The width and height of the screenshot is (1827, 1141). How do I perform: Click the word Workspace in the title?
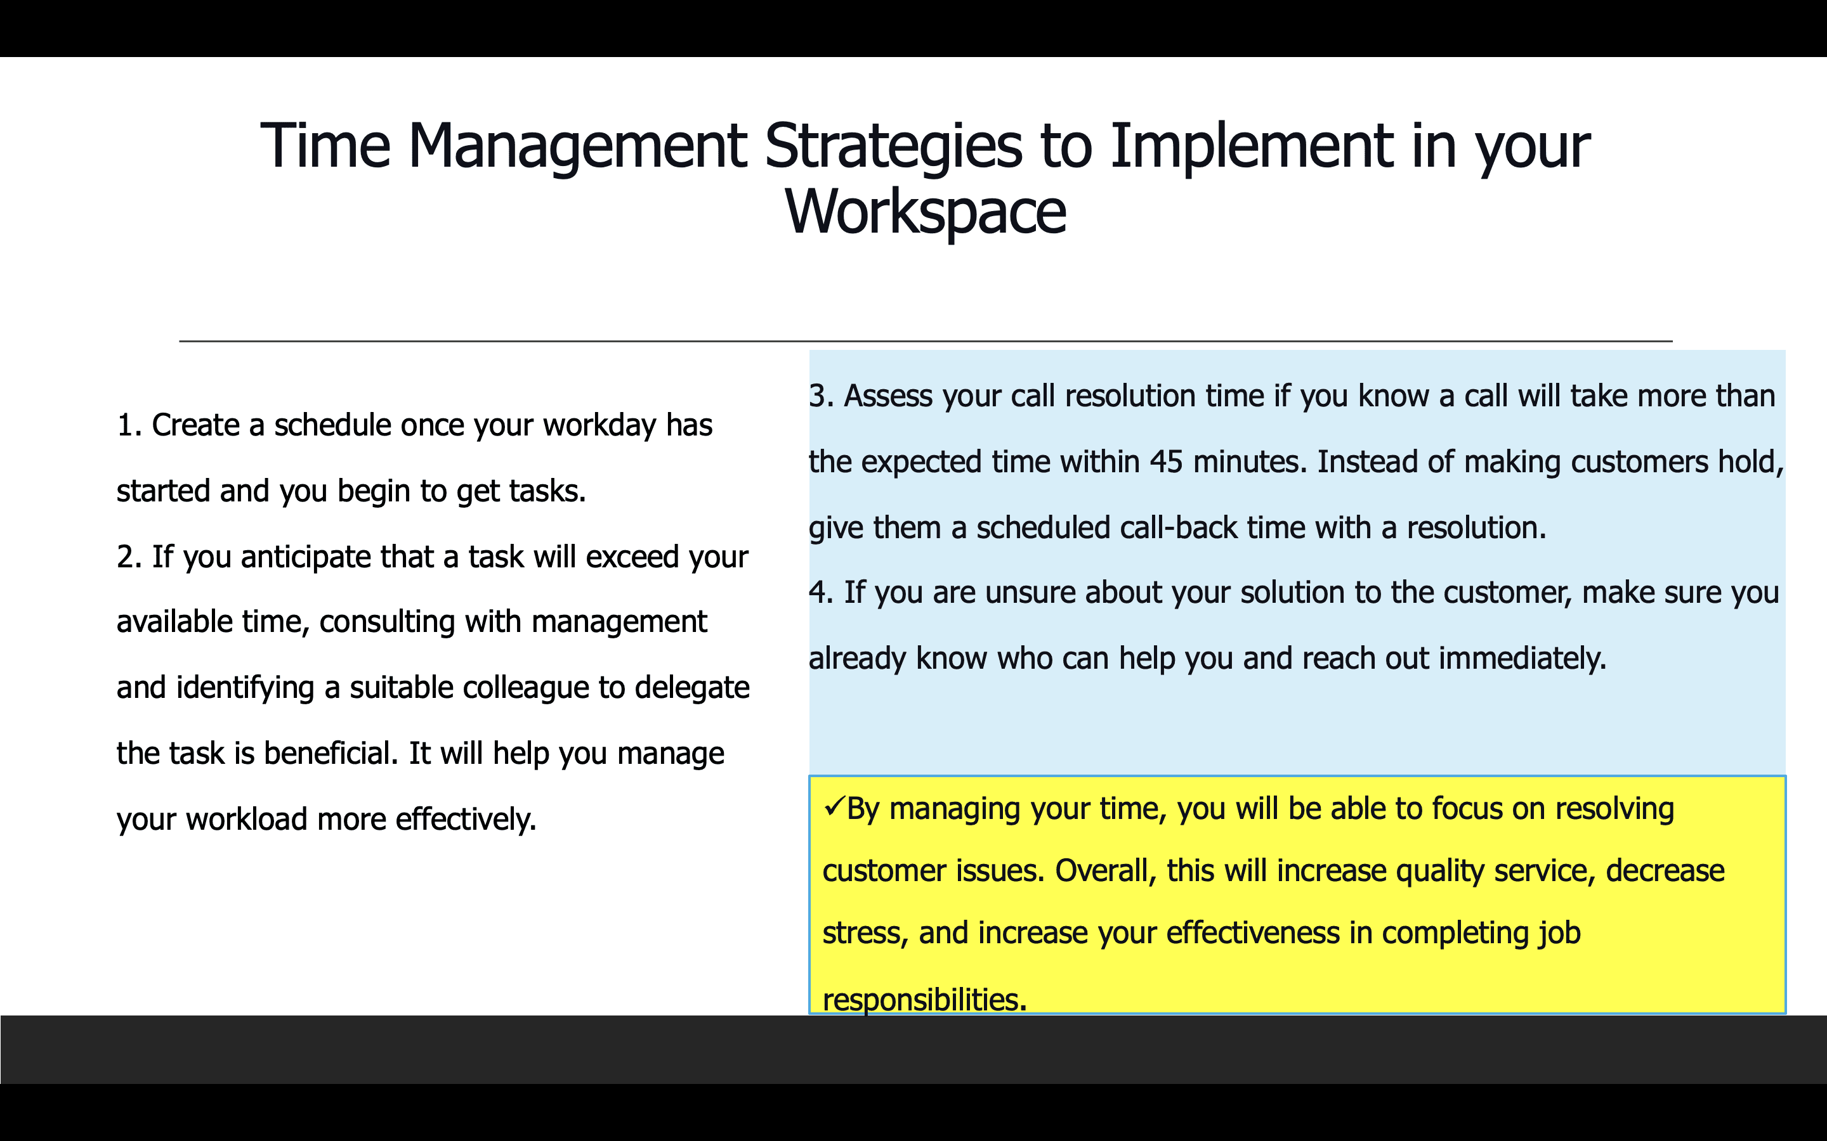(926, 211)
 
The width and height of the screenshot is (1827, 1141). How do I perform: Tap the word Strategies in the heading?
(893, 146)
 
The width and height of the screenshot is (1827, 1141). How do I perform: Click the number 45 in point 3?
(1167, 461)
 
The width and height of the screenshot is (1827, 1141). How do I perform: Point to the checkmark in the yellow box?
(834, 807)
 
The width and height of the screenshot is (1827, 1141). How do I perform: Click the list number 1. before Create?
(129, 425)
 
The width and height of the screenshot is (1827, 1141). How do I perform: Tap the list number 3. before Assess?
(822, 396)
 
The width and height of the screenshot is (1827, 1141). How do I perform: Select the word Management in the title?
(577, 148)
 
